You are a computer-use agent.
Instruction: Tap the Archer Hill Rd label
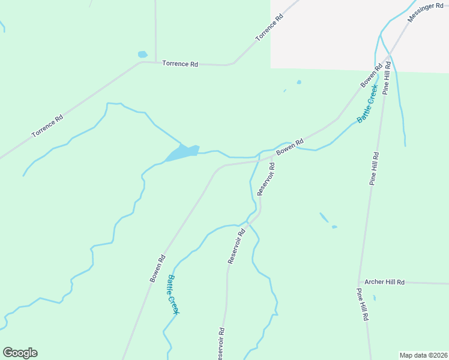coord(385,282)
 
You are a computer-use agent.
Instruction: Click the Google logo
coord(20,353)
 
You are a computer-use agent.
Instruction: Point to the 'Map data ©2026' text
coord(423,355)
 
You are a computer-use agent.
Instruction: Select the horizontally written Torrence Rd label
coord(180,63)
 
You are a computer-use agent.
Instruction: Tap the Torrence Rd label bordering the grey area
coord(269,26)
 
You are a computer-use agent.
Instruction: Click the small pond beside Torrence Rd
coord(142,55)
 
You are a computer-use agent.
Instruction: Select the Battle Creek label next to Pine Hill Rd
coord(367,104)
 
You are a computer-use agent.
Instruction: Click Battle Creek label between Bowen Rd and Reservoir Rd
coord(173,294)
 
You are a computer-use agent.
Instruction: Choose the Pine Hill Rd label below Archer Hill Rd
coord(362,305)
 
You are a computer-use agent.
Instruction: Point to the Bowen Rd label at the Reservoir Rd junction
coord(290,145)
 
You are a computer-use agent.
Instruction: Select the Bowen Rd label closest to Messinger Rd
coord(372,76)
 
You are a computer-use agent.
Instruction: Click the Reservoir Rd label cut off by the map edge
coord(220,344)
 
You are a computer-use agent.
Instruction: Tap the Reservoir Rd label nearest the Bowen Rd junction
coord(266,179)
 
